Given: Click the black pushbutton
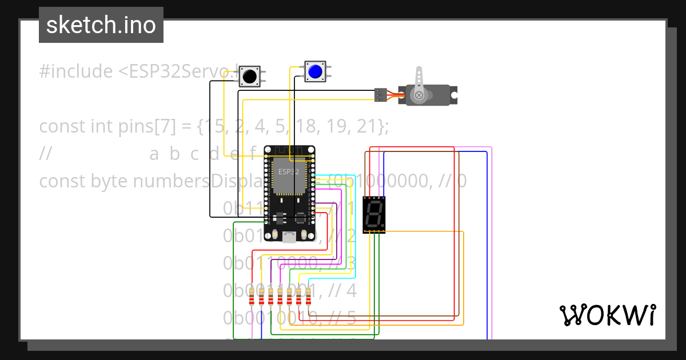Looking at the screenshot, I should [x=249, y=76].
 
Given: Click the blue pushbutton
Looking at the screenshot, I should [x=315, y=71].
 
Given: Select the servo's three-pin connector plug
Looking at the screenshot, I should [x=380, y=95].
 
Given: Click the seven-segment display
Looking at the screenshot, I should [x=374, y=215].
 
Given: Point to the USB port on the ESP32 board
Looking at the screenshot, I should [x=289, y=237].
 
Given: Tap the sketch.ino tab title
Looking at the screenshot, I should [x=101, y=25].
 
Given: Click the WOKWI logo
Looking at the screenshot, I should [x=607, y=315].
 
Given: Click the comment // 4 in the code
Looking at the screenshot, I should [x=343, y=291].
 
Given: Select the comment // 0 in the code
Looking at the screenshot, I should [x=454, y=181].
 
